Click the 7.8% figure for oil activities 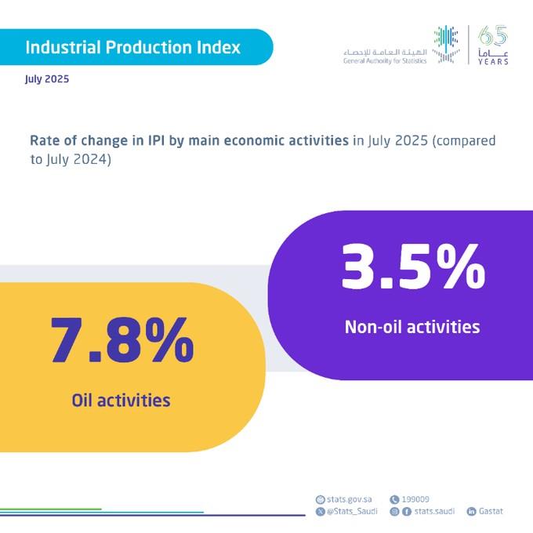tap(121, 340)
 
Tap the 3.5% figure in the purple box tap(412, 266)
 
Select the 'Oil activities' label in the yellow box tap(121, 401)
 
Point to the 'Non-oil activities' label tap(412, 327)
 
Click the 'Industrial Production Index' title tap(133, 47)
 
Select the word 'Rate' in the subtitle tap(44, 141)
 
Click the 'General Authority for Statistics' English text tap(385, 60)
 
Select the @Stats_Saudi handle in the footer tap(350, 511)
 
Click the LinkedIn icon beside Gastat tap(471, 511)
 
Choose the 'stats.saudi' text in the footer tap(433, 511)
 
